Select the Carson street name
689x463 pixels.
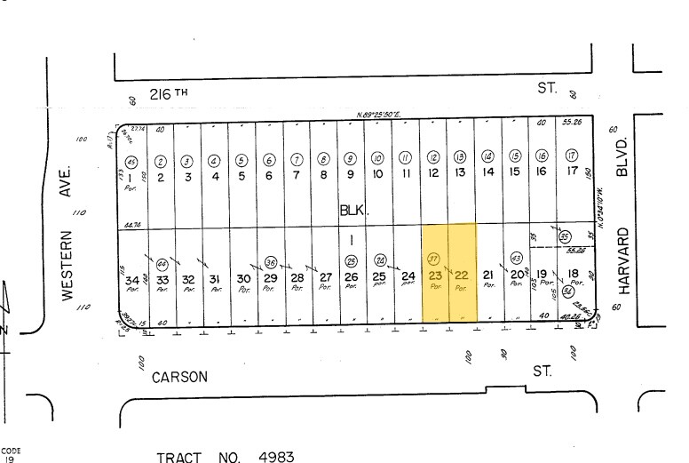(179, 377)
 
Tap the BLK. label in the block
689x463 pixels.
(351, 212)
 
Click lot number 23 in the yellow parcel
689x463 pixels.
(435, 275)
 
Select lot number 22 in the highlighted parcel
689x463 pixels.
(461, 275)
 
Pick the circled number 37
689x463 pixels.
(434, 259)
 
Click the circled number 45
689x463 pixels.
(131, 162)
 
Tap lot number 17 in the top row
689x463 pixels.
(573, 173)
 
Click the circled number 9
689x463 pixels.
(351, 160)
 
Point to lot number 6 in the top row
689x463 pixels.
(269, 175)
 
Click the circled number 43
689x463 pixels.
(517, 259)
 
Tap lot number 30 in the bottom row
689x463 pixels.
(242, 278)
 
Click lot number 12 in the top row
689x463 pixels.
(433, 173)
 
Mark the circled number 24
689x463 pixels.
(380, 260)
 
